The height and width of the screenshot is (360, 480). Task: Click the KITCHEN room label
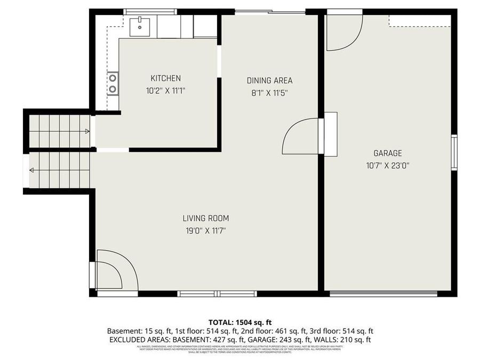tap(165, 78)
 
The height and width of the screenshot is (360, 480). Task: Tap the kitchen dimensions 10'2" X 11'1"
tap(165, 91)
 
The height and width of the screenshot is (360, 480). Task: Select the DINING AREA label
tap(269, 81)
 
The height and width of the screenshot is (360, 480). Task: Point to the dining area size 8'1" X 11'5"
tap(269, 92)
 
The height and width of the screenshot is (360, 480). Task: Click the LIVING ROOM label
tap(205, 218)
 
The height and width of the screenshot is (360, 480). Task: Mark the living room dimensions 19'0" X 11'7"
tap(205, 230)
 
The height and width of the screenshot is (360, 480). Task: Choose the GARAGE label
tap(387, 153)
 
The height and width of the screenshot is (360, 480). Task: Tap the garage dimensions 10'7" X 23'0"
tap(387, 165)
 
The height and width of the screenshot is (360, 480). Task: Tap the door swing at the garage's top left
tap(342, 32)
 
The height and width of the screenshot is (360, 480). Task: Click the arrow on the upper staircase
tap(86, 131)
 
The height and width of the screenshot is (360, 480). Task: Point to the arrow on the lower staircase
tap(32, 171)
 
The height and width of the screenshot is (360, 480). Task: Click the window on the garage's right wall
tap(454, 153)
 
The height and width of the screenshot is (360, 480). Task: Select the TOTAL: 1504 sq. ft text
tap(240, 322)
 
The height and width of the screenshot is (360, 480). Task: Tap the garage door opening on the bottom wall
tap(383, 293)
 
